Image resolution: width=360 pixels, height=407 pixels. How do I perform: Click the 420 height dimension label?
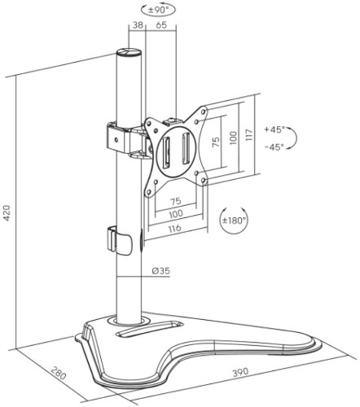(x=7, y=213)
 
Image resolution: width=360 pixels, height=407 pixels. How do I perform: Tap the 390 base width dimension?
(x=240, y=372)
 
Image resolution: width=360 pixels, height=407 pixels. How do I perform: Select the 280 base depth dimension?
(x=59, y=373)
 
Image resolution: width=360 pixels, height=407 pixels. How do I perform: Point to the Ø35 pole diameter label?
(x=161, y=271)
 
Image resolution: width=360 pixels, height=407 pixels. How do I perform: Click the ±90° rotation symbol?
(x=159, y=10)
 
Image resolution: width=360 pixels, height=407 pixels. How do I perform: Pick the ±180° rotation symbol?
(x=234, y=220)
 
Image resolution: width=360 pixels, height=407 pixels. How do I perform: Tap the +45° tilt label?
(x=274, y=129)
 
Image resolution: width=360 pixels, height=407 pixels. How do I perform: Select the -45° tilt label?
(x=274, y=147)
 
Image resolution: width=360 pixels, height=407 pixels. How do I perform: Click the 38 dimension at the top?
(x=138, y=25)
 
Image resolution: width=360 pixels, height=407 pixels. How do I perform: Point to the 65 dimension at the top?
(x=161, y=25)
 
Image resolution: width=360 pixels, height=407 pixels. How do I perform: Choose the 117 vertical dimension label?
(x=249, y=134)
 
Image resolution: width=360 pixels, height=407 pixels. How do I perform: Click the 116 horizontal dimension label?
(x=174, y=228)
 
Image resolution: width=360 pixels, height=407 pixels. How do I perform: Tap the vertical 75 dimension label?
(x=216, y=142)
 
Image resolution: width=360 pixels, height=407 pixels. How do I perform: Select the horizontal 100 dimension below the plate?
(x=176, y=214)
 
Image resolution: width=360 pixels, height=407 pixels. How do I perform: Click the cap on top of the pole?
(x=129, y=52)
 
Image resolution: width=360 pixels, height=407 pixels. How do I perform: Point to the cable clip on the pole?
(x=119, y=241)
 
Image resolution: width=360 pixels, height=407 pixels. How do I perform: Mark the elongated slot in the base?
(x=148, y=329)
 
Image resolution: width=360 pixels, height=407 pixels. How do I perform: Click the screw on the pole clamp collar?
(x=116, y=140)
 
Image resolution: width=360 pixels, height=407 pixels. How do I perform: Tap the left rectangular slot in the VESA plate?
(x=166, y=152)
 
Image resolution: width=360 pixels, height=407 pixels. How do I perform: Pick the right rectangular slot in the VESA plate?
(x=186, y=148)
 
